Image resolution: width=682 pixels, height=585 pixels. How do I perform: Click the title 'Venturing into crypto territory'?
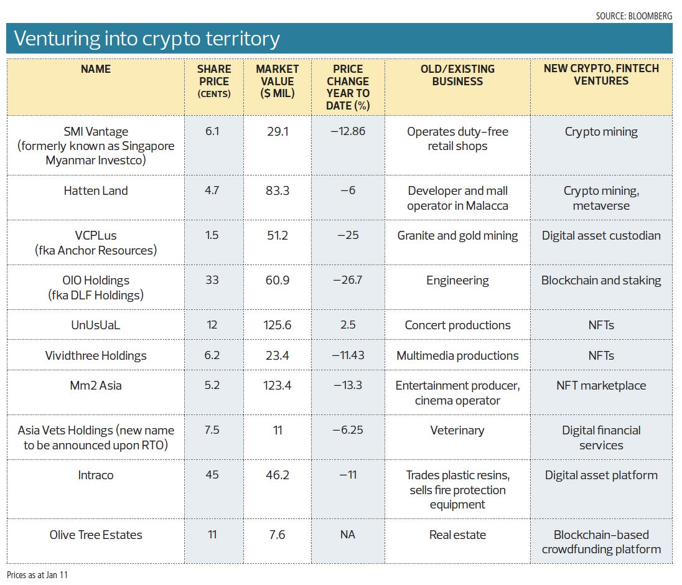(147, 39)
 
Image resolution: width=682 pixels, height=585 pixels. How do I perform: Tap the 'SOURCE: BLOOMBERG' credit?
(633, 16)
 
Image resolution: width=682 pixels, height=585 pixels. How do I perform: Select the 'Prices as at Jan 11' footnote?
(37, 574)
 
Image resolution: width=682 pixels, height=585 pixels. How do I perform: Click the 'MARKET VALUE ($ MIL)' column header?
(277, 82)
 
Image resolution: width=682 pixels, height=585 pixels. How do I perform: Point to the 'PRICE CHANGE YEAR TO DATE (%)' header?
(348, 87)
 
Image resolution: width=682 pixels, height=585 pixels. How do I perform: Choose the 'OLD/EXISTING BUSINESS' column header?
(457, 75)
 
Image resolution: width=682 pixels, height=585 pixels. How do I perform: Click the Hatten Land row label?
(96, 190)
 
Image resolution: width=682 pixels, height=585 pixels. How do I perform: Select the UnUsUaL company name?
(96, 325)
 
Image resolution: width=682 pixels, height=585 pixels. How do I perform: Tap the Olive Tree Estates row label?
(96, 535)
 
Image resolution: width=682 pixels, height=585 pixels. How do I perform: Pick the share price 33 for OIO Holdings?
(212, 280)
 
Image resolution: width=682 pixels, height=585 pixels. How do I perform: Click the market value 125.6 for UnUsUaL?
(277, 325)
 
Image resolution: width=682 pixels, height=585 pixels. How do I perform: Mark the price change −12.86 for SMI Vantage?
(348, 131)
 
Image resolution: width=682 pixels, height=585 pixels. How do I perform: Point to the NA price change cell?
(348, 535)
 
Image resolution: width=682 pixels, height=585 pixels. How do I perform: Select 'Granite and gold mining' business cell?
(457, 235)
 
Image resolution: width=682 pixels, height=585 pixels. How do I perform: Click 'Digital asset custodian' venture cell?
(601, 235)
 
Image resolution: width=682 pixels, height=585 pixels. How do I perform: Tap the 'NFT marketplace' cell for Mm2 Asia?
(601, 385)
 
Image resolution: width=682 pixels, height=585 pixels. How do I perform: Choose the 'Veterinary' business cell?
(457, 430)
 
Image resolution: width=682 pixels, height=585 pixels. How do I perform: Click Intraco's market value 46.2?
(277, 475)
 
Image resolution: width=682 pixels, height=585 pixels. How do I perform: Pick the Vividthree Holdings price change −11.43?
(348, 355)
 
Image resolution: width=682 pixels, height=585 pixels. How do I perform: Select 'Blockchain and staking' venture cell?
(601, 280)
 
